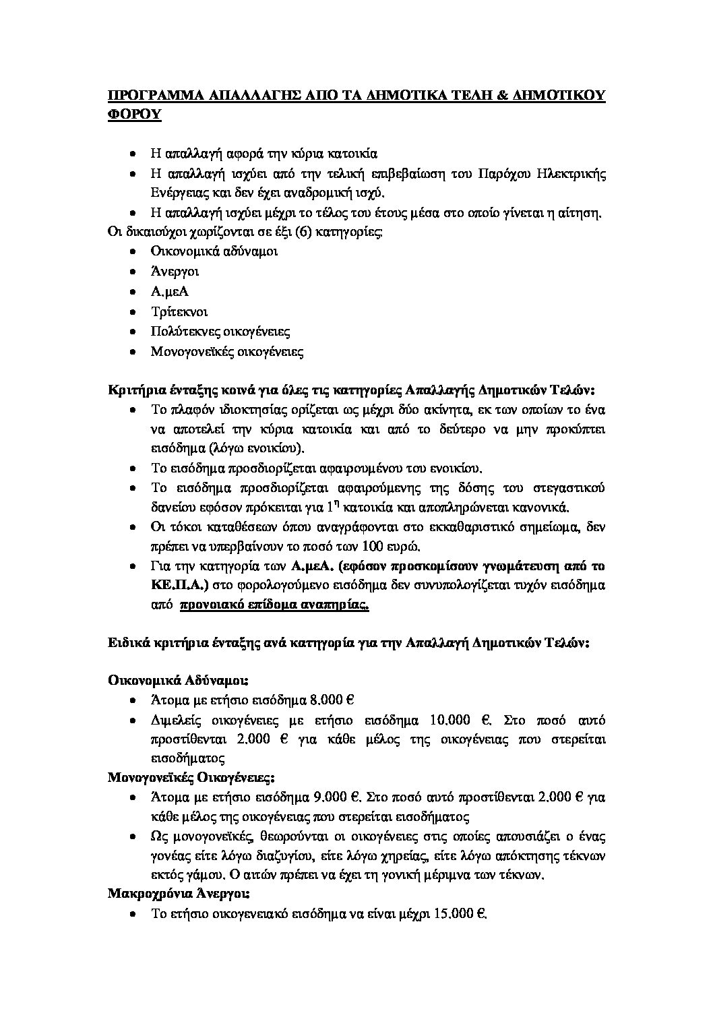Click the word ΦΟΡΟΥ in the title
click(135, 114)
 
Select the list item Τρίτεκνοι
click(179, 311)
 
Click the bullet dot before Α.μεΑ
click(135, 292)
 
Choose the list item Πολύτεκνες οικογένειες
click(220, 332)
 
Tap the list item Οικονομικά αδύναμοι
click(214, 251)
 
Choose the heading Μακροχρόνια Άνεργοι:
click(179, 894)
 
